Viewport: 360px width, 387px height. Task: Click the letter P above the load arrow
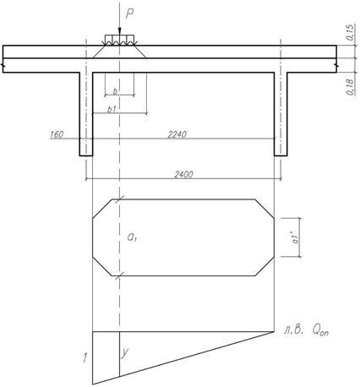point(129,14)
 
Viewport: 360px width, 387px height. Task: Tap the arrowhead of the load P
point(119,31)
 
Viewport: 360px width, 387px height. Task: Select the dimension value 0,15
point(349,32)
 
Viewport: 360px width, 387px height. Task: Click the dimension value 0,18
point(350,87)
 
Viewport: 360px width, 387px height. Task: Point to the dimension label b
point(115,91)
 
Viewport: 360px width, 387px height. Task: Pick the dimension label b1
point(112,110)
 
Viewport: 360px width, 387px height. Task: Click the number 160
point(57,134)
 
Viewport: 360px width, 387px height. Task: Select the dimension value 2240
point(177,134)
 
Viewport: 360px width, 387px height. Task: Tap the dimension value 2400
point(183,175)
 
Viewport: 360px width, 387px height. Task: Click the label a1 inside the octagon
point(132,237)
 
